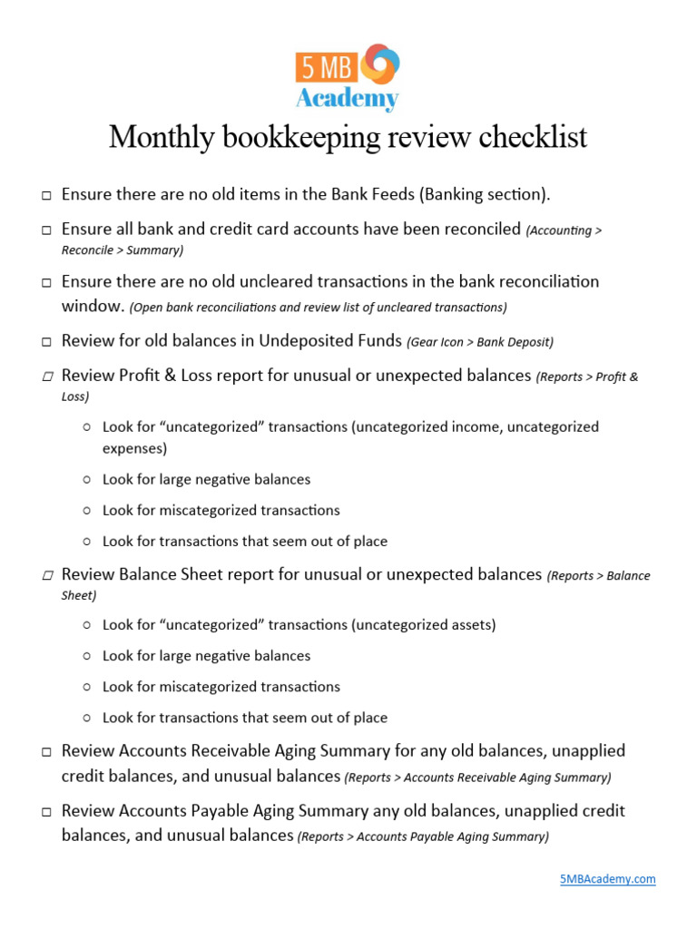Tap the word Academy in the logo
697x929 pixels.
pyautogui.click(x=348, y=99)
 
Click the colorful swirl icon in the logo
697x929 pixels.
pyautogui.click(x=380, y=65)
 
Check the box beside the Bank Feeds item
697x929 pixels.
pyautogui.click(x=45, y=196)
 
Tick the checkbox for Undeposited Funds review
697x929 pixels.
pyautogui.click(x=45, y=343)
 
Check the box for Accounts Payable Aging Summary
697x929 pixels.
pyautogui.click(x=45, y=812)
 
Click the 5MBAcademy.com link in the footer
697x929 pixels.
pyautogui.click(x=607, y=879)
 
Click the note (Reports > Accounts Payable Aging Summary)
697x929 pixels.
pyautogui.click(x=423, y=837)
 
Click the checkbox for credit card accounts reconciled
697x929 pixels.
pyautogui.click(x=45, y=230)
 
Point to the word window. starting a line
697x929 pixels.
pyautogui.click(x=93, y=306)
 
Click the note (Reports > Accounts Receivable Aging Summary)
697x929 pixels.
pyautogui.click(x=477, y=778)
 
